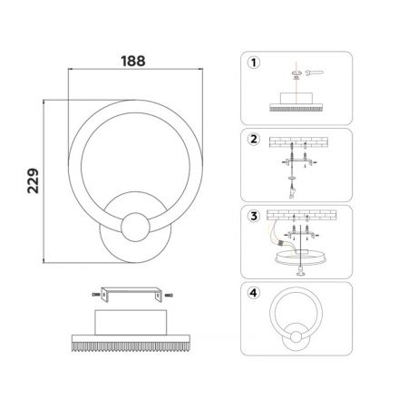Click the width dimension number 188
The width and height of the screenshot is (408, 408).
133,61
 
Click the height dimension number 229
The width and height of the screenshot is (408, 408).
33,180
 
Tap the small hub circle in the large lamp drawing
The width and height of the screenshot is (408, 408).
135,227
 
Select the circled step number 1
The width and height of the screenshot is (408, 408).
254,63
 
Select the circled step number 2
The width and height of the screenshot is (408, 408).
254,139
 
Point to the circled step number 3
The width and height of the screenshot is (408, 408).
254,216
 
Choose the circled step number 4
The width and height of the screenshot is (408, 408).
254,293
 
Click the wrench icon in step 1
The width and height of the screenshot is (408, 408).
314,73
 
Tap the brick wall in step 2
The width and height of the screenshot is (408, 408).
298,142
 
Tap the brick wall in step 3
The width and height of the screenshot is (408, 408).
301,215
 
